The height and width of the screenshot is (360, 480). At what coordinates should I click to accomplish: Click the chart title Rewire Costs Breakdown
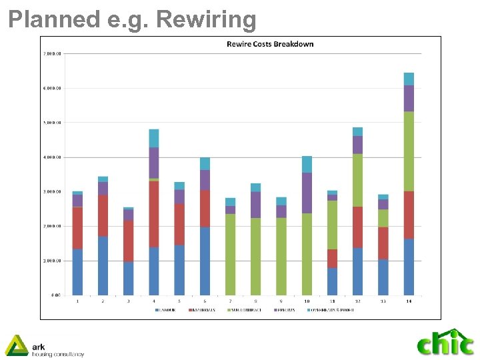[x=270, y=44]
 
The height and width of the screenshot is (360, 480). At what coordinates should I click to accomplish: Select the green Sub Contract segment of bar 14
[x=409, y=151]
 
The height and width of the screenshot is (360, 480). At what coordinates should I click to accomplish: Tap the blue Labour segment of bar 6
[x=205, y=261]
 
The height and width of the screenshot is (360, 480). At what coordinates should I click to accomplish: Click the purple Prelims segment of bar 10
[x=307, y=193]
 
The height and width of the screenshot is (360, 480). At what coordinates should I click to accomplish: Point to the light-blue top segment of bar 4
[x=154, y=138]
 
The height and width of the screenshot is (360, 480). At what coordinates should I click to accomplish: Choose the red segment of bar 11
[x=332, y=259]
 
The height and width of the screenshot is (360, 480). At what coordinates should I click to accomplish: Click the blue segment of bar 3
[x=128, y=278]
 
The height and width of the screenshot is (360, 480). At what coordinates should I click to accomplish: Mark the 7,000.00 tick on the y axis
[x=52, y=53]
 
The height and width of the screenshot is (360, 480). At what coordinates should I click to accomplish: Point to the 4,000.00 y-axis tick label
[x=52, y=157]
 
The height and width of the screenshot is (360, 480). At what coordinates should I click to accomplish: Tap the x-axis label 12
[x=357, y=301]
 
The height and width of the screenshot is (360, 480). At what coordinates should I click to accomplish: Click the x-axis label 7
[x=231, y=301]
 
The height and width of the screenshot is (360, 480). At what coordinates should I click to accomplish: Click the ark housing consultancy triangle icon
[x=16, y=345]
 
